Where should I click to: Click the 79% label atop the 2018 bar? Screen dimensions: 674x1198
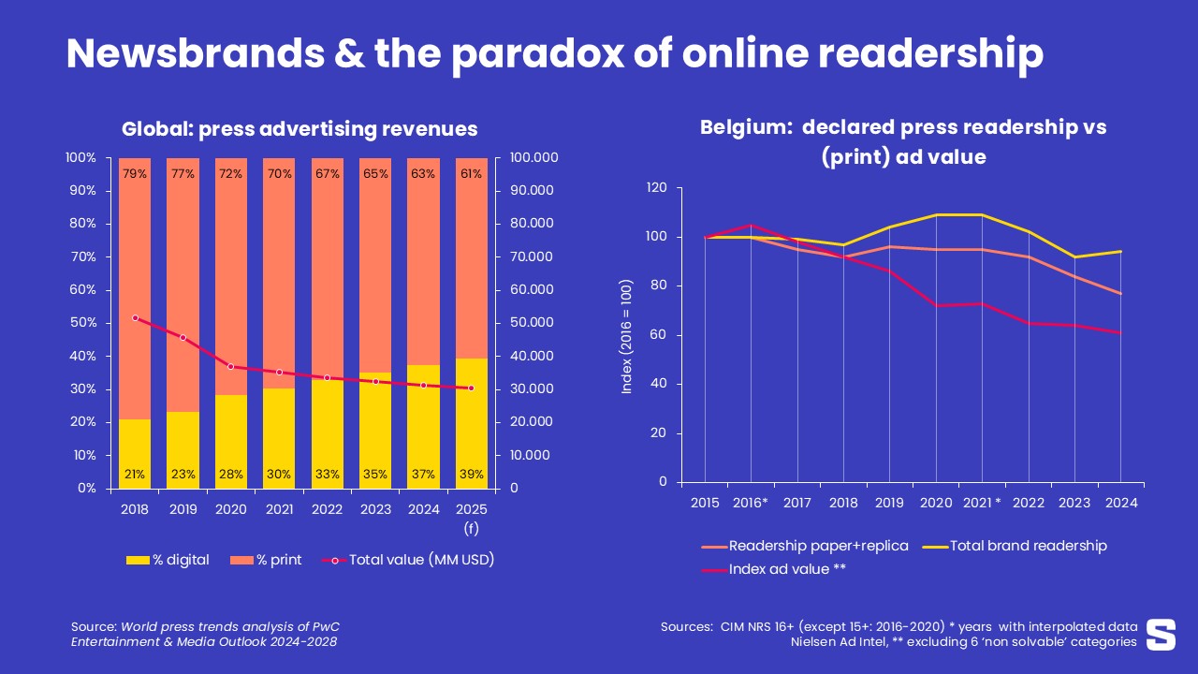pos(135,174)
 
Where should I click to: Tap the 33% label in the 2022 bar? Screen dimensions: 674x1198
pos(327,475)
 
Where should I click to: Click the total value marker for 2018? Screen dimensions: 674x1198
pos(135,318)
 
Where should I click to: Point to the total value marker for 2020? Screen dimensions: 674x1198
pos(231,367)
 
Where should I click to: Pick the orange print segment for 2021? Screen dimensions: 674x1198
pos(279,281)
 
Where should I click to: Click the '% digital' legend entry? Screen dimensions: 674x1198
pos(168,560)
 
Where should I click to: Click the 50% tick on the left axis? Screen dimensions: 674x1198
pos(80,323)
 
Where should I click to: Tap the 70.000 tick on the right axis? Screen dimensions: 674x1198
pos(530,257)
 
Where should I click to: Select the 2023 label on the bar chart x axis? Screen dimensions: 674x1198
pos(374,508)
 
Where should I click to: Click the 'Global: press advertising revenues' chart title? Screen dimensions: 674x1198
pos(299,129)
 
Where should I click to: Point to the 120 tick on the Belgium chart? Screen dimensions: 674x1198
pos(656,188)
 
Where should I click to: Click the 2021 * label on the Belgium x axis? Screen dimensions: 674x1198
pos(981,503)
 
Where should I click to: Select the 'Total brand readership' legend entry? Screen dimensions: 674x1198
pos(1015,546)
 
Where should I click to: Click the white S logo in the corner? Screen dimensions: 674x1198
pos(1161,634)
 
